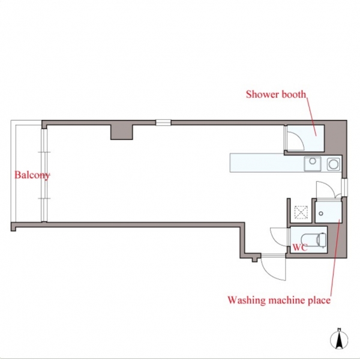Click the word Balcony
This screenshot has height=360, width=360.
coord(32,175)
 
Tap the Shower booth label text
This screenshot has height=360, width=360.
coord(276,94)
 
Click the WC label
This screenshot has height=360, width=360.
coord(300,247)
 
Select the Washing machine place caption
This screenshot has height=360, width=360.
coord(279,301)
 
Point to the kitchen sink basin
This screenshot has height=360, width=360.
coord(313,164)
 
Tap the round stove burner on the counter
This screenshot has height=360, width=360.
coord(334,164)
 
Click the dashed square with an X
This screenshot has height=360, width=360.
coord(301,212)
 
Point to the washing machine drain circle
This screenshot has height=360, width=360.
coord(321,214)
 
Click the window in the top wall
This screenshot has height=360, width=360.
coord(163,122)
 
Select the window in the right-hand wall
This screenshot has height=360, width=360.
coord(344,187)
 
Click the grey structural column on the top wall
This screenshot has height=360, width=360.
coord(122,132)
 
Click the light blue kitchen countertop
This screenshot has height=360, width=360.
coord(266,163)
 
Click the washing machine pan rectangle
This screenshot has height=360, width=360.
coord(328,212)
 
